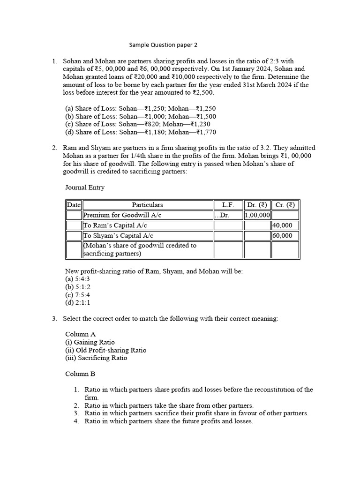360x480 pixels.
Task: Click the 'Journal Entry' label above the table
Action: pyautogui.click(x=85, y=187)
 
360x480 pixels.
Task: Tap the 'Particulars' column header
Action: pyautogui.click(x=147, y=205)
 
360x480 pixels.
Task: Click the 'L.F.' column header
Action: pyautogui.click(x=228, y=205)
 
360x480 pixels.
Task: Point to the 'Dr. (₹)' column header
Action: pyautogui.click(x=257, y=205)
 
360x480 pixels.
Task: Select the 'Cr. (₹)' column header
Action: pyautogui.click(x=285, y=205)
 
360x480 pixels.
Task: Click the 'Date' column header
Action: pyautogui.click(x=74, y=205)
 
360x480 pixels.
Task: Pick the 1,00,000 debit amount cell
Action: pyautogui.click(x=257, y=215)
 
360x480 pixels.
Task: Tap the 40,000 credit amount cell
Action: pyautogui.click(x=282, y=225)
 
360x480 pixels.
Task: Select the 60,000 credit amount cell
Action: pyautogui.click(x=282, y=236)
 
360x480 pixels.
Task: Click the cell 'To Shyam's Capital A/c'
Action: pyautogui.click(x=118, y=236)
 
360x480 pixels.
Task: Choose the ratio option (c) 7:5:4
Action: pyautogui.click(x=78, y=295)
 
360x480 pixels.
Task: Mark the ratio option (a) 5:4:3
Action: pyautogui.click(x=78, y=279)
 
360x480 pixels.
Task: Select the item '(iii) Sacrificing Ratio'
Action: pyautogui.click(x=96, y=358)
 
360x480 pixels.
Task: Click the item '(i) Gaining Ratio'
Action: pyautogui.click(x=90, y=342)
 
